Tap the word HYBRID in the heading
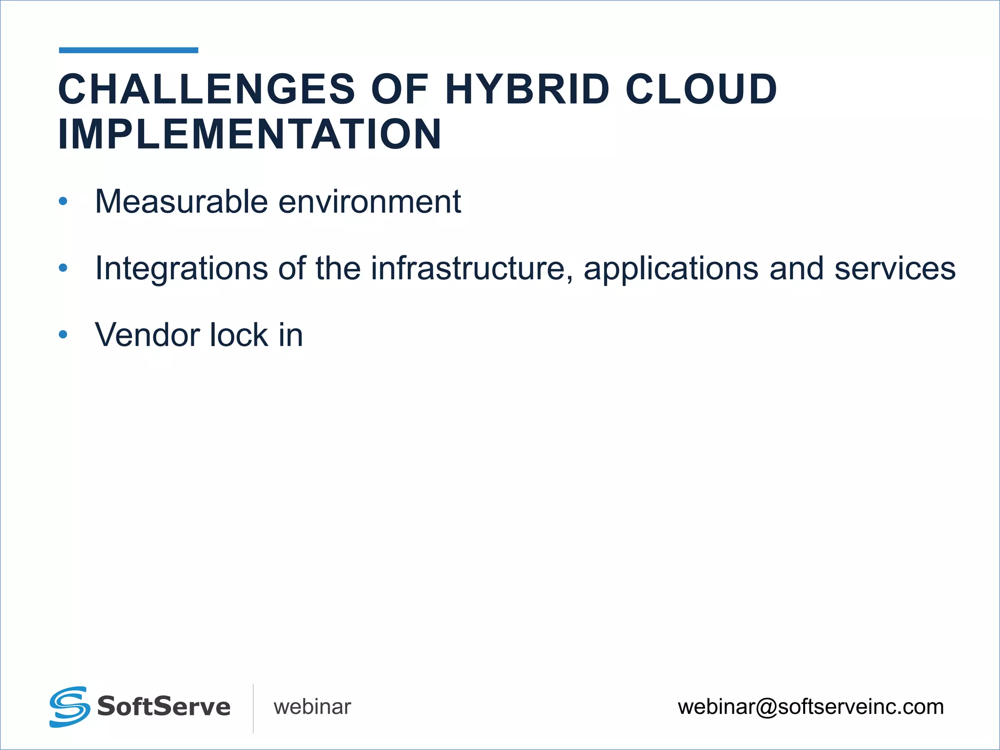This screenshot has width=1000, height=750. click(x=527, y=89)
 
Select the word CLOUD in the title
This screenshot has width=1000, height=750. click(x=701, y=89)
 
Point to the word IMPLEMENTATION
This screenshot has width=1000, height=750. click(x=250, y=134)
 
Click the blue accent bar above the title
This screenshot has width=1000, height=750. click(x=128, y=50)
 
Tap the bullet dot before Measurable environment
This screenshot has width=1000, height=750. click(x=63, y=201)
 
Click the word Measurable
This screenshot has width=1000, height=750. click(x=181, y=201)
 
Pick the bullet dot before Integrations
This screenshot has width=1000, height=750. click(x=63, y=268)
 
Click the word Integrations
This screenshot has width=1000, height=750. click(x=181, y=268)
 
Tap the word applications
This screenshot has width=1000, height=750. click(x=671, y=269)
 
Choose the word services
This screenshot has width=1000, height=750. click(x=895, y=268)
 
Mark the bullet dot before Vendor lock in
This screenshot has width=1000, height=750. click(x=63, y=334)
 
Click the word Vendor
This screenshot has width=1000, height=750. click(x=147, y=335)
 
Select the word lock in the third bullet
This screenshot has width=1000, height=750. click(x=238, y=335)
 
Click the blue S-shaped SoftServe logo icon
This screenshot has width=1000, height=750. click(x=69, y=707)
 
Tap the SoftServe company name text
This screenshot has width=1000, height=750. click(x=164, y=707)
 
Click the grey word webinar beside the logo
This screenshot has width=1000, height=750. click(x=312, y=707)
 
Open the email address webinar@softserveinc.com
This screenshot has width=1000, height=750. click(x=811, y=707)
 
